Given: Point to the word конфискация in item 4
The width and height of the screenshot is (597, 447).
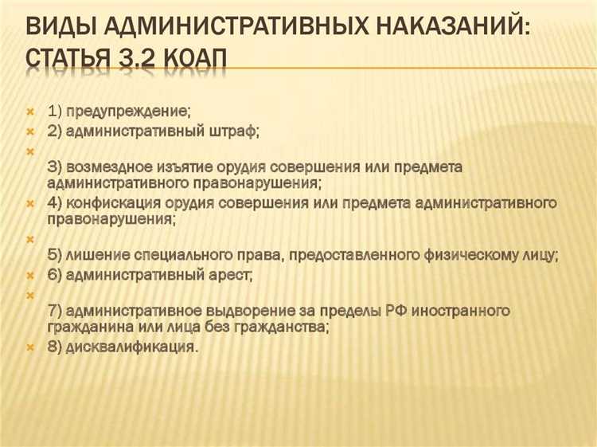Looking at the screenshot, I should pos(115,203).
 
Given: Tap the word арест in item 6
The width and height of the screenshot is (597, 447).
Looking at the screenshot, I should pos(231,276).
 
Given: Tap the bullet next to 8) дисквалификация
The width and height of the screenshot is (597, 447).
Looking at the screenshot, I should pos(30,347).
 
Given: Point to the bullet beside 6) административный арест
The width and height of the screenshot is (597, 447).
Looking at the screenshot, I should pos(30,276).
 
